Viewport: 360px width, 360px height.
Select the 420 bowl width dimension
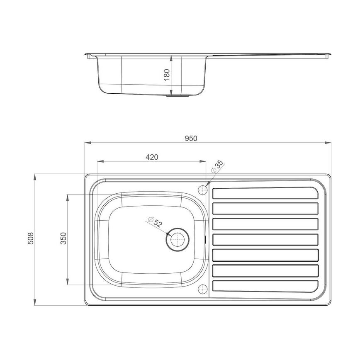152,157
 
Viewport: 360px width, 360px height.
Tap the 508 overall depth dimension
30,240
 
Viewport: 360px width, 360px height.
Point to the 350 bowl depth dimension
63,239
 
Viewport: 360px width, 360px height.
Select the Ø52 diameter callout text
155,222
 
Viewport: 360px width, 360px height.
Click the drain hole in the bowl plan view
178,239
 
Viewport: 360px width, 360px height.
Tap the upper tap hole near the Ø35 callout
203,190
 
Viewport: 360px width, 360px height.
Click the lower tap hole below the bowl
203,289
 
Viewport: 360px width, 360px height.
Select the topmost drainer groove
265,193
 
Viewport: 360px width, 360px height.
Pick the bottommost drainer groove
265,286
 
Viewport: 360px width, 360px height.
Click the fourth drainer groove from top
265,240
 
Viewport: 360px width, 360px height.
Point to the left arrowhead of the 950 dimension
88,143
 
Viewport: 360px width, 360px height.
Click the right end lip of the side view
330,54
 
